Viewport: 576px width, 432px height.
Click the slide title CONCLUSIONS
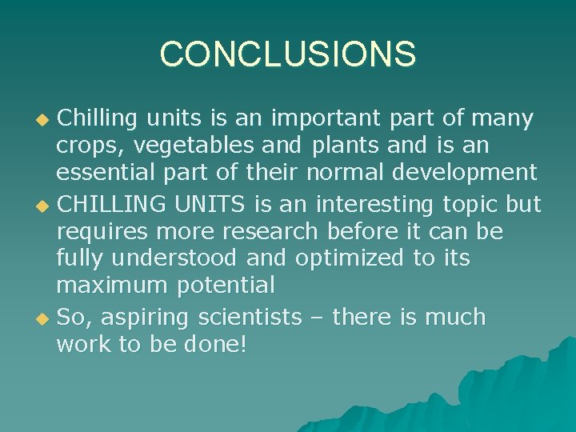288,54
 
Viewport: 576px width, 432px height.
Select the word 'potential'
230,286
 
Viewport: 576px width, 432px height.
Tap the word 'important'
328,119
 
